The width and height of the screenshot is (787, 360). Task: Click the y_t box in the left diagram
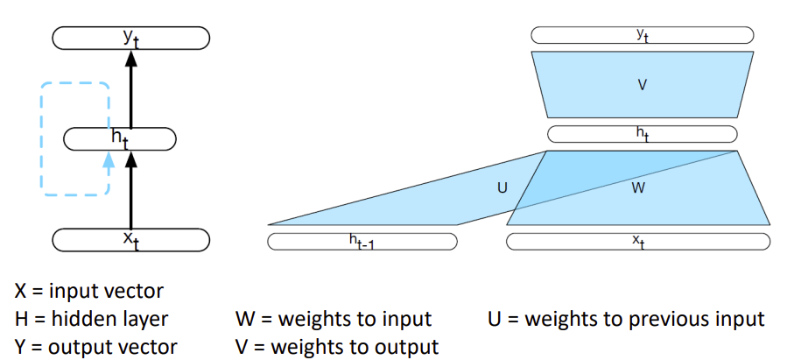[130, 38]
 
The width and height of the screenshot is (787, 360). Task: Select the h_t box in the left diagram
[121, 138]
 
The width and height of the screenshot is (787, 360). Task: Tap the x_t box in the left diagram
[130, 239]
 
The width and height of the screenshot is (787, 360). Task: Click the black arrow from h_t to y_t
[131, 92]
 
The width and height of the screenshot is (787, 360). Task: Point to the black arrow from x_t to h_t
[131, 193]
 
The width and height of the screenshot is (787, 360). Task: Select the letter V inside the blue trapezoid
[642, 85]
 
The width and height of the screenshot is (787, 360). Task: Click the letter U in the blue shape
[502, 187]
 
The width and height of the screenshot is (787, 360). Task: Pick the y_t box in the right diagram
[642, 36]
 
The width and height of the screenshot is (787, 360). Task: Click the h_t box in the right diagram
[642, 134]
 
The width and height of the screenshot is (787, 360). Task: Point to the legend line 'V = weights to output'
[337, 346]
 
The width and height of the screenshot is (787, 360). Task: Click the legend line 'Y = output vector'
[95, 346]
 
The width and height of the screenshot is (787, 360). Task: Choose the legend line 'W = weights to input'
[334, 318]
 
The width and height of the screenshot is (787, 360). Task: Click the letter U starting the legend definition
[495, 318]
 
